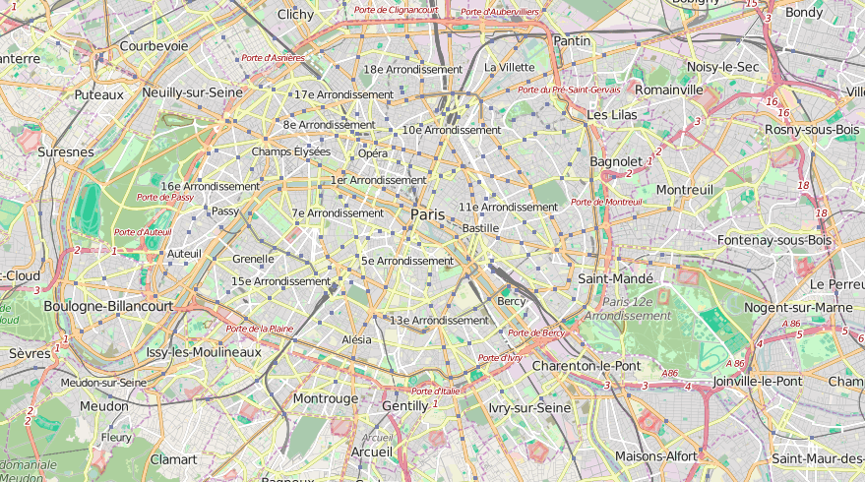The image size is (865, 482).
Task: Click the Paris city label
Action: point(428,214)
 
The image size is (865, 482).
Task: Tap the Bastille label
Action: point(481,228)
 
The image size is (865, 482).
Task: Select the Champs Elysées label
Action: point(291,151)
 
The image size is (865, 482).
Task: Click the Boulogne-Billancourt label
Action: point(108,306)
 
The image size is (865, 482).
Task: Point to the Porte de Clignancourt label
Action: point(396,10)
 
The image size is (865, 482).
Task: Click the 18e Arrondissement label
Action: point(412,70)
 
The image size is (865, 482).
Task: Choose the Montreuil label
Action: point(684,189)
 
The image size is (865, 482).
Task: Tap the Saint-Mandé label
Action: point(615,279)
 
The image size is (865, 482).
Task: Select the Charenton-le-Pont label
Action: point(586,366)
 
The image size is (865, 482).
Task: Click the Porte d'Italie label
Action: point(436,391)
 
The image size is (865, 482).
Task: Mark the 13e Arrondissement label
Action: point(439,320)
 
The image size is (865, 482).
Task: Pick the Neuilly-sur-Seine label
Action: point(192,92)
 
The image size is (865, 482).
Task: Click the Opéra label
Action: point(373,153)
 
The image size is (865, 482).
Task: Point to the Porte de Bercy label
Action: point(536,333)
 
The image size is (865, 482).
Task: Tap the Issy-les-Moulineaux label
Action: point(204,352)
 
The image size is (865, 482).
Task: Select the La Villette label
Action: point(510,67)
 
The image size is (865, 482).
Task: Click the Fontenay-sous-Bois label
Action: point(774,240)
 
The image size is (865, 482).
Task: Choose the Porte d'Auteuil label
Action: point(143,232)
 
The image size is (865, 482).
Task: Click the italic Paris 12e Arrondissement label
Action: point(629,309)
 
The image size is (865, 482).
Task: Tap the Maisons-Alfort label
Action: point(656,456)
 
